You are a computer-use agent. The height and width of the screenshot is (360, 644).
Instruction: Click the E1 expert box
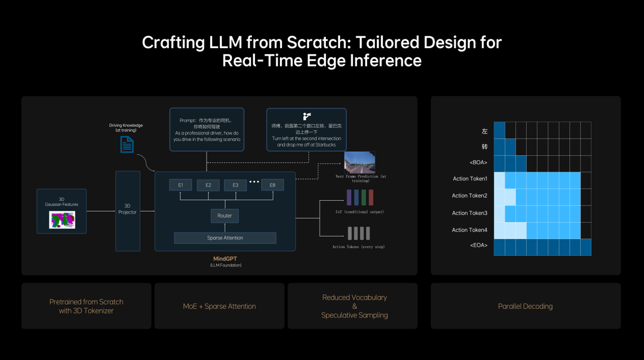tap(180, 185)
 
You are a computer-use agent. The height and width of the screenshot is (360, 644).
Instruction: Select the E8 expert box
tap(272, 185)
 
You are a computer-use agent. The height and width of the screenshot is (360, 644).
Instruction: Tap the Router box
tap(225, 216)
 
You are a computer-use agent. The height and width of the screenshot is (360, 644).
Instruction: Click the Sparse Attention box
tap(225, 238)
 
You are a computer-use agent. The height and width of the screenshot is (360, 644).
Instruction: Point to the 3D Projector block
tap(128, 211)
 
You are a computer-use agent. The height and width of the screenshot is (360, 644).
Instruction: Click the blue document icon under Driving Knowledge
tap(127, 145)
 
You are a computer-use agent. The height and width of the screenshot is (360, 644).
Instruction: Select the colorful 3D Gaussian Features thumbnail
tap(62, 220)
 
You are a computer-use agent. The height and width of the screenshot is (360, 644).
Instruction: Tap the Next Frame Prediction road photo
tap(360, 162)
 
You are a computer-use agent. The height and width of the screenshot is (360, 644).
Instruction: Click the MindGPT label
tap(225, 259)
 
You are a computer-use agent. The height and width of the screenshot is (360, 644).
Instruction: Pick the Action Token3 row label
tap(470, 213)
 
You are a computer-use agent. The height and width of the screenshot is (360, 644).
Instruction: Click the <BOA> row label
tap(478, 162)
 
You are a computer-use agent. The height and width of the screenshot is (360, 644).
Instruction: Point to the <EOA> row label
tap(478, 245)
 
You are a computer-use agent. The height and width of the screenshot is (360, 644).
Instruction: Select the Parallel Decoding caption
tap(525, 306)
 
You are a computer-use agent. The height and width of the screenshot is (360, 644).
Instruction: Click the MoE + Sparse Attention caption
tap(219, 306)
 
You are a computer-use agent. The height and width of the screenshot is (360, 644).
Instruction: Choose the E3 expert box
tap(235, 185)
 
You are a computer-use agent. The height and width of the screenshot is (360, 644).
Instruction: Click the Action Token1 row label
tap(470, 179)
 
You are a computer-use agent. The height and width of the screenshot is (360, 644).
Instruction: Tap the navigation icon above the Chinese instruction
tap(306, 117)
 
